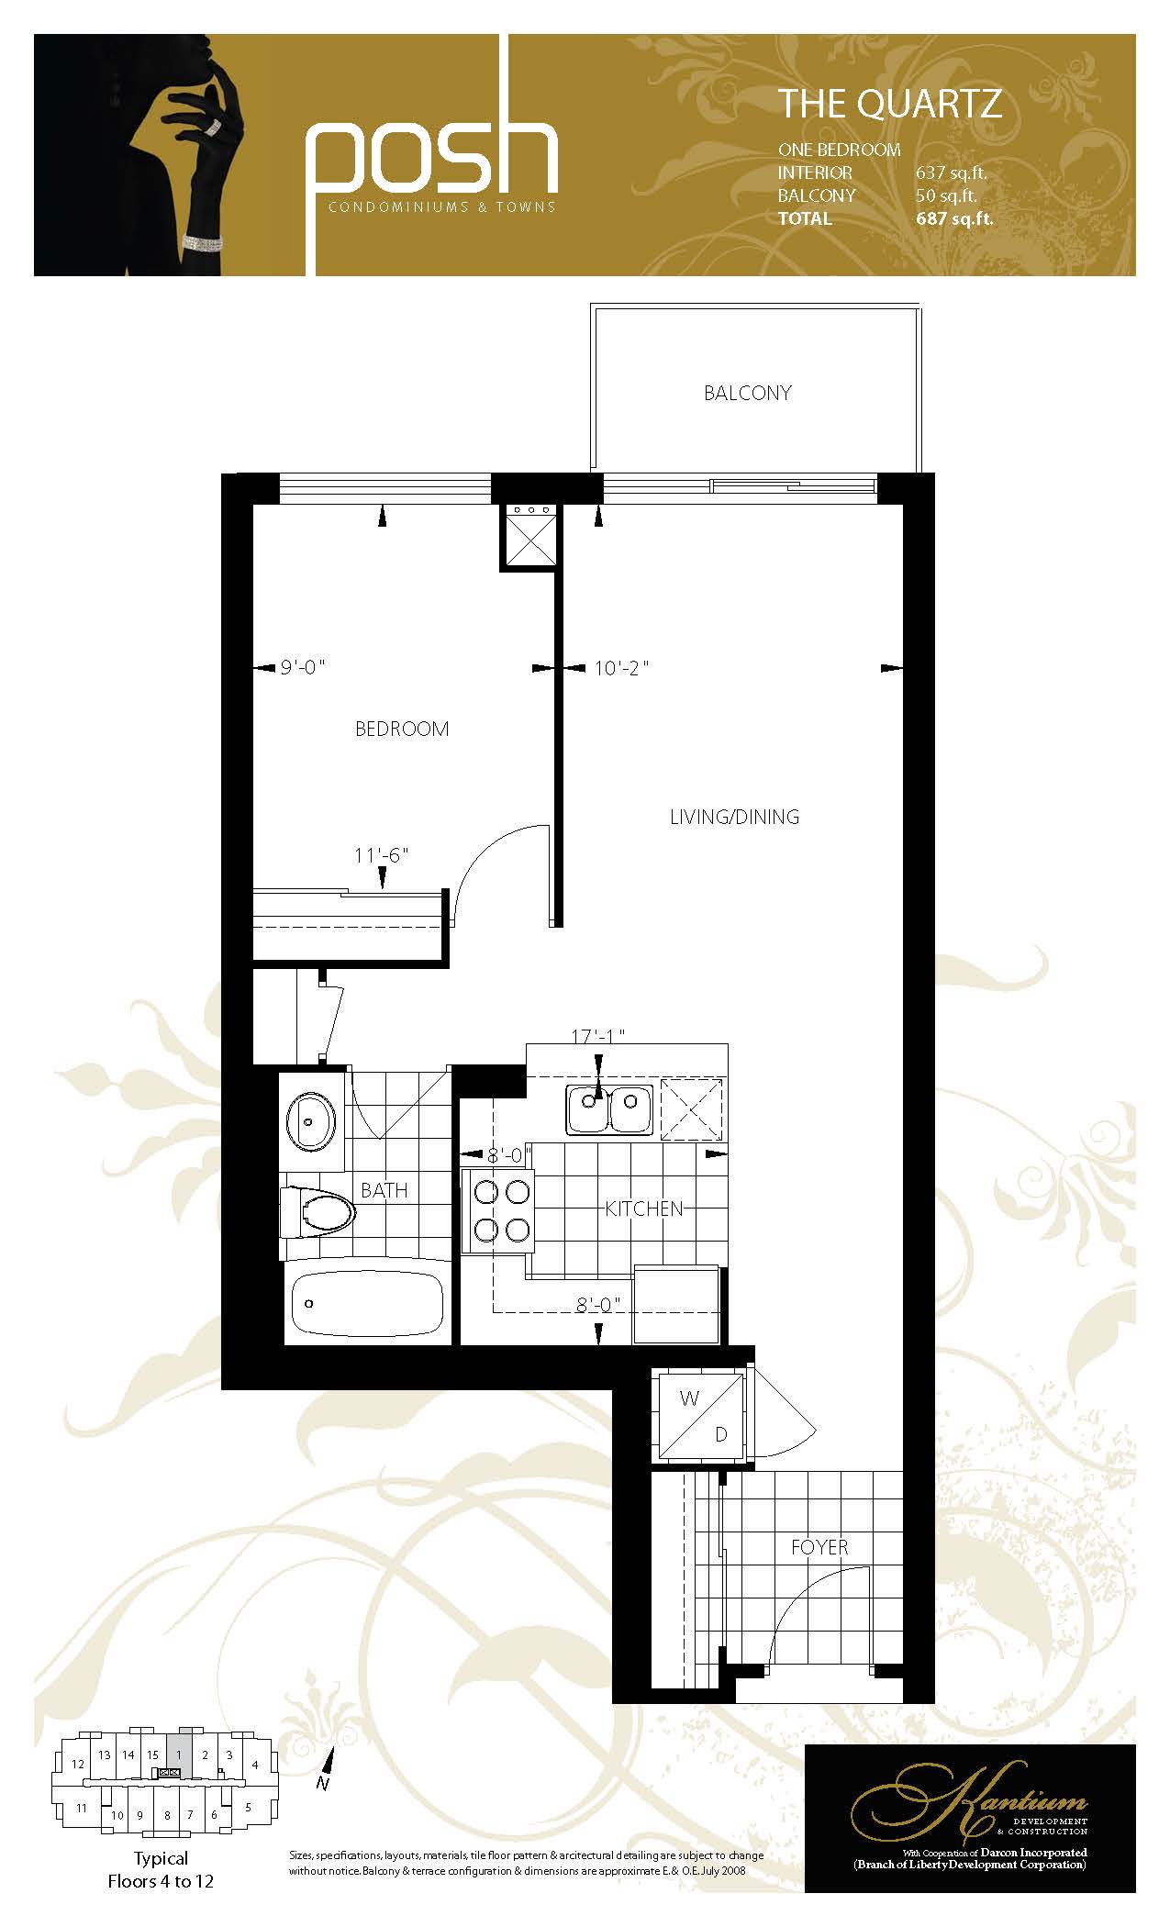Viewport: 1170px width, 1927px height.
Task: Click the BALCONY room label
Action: pos(747,393)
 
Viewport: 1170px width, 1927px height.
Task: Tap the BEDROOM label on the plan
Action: pos(402,729)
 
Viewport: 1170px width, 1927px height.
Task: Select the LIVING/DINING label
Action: pos(734,817)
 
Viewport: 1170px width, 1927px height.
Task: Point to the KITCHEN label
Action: pos(644,1209)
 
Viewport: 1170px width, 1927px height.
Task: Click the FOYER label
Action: pos(819,1547)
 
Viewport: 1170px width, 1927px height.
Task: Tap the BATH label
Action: pos(384,1190)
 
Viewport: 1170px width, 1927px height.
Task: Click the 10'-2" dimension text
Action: pos(621,668)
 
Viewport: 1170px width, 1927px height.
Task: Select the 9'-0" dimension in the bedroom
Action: pos(303,668)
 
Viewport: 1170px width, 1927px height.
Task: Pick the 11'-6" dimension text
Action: pos(381,855)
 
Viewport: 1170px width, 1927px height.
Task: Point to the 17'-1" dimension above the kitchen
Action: pos(597,1036)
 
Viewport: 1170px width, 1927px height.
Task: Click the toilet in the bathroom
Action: pos(318,1211)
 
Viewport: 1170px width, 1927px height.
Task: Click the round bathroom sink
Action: pos(310,1120)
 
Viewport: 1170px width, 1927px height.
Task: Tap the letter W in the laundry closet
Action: pos(689,1398)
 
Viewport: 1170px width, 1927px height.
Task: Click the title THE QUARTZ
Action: pos(889,105)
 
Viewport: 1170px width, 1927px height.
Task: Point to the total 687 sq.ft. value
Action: pos(954,218)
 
